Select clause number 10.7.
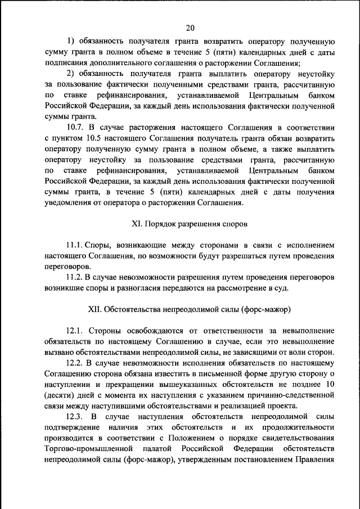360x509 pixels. [76, 128]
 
